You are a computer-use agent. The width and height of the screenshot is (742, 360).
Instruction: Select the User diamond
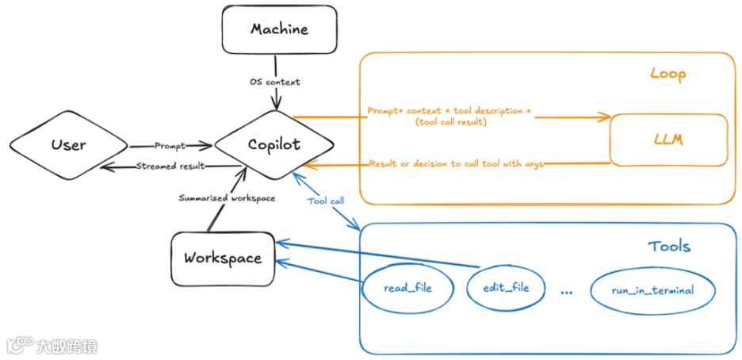click(69, 146)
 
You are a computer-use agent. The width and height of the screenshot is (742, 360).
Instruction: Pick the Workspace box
click(223, 258)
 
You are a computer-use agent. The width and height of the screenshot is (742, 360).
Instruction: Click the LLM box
click(668, 140)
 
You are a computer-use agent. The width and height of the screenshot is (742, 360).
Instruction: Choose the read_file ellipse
click(407, 288)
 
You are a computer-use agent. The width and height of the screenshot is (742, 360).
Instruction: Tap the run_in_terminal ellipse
click(652, 290)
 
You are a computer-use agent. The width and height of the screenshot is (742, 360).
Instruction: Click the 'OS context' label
click(276, 82)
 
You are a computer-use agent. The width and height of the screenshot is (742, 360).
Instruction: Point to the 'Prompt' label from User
click(171, 146)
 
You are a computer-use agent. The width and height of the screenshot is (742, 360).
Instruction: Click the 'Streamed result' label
click(170, 166)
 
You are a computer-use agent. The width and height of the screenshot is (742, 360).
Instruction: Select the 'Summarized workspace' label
click(227, 197)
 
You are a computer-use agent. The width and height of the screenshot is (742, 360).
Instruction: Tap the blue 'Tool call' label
click(326, 201)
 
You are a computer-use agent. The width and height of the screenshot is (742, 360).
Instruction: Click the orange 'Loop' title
click(667, 75)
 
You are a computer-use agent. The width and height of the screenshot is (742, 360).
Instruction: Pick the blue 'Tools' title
click(668, 247)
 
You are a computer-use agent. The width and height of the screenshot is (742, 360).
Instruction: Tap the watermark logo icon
click(18, 346)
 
